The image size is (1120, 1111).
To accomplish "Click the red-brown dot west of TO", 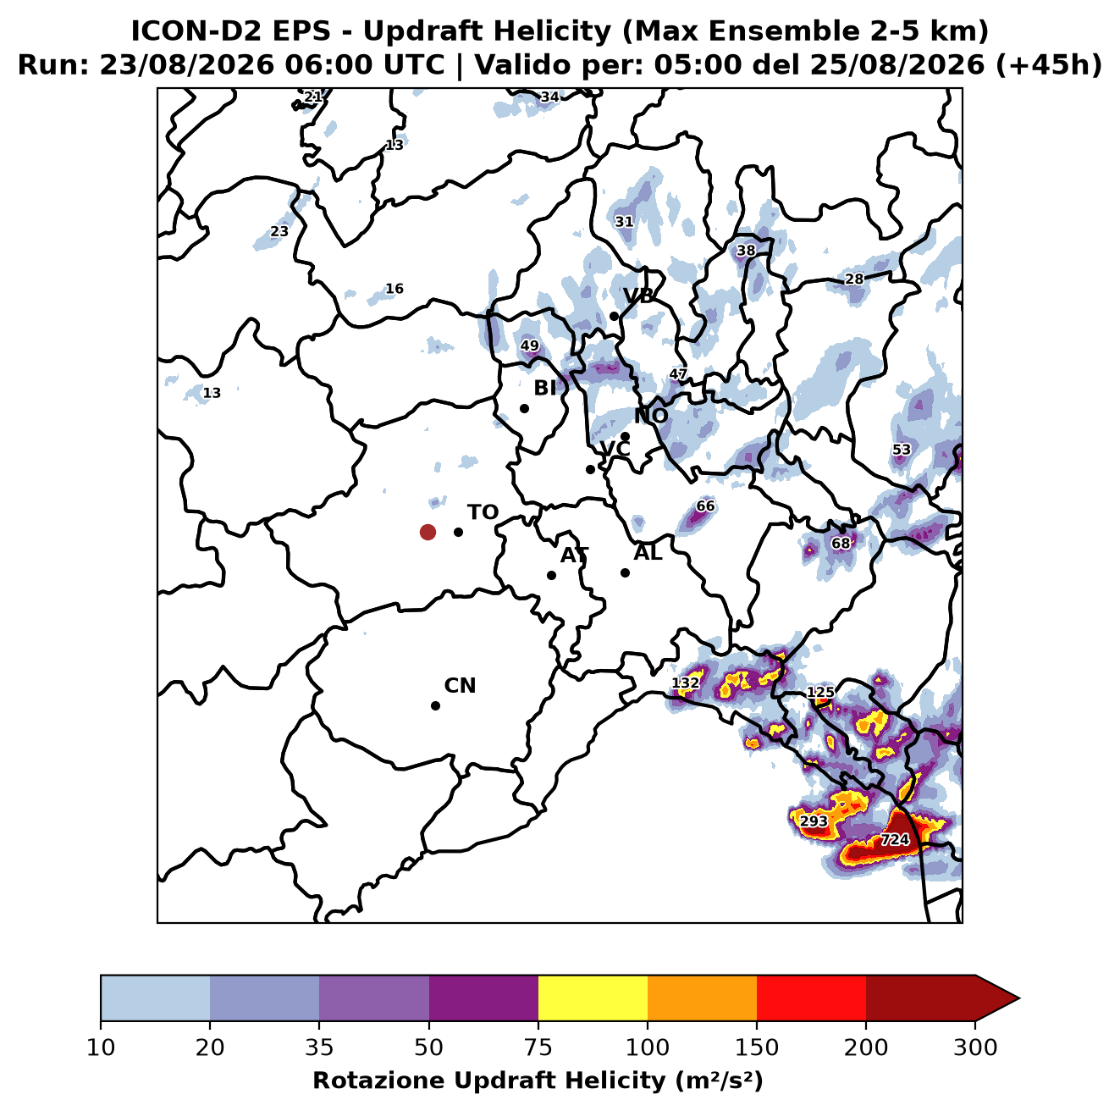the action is [x=428, y=532].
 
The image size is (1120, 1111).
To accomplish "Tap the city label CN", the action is [x=460, y=686].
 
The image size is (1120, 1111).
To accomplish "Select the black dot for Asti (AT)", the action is [x=551, y=575].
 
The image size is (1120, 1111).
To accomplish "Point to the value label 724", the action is [x=895, y=839].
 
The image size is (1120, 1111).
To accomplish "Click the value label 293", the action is [x=814, y=821].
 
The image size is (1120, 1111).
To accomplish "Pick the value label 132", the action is [x=685, y=683].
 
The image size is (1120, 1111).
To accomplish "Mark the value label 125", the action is [x=820, y=692].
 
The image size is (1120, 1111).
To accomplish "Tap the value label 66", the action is [x=705, y=506].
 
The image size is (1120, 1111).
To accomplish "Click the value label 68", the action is [x=841, y=543].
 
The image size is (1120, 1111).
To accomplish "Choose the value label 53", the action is [x=902, y=450].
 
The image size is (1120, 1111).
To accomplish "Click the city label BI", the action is [x=544, y=388].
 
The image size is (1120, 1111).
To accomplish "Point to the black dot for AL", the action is [x=625, y=572].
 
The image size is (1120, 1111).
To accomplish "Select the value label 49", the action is [x=529, y=345].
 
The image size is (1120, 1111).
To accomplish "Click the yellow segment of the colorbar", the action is [x=593, y=998].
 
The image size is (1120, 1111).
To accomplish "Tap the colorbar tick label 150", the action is [x=756, y=1047].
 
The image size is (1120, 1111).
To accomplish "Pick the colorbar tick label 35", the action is [x=319, y=1047].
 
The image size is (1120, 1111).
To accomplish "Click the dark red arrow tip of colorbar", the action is [x=1018, y=998].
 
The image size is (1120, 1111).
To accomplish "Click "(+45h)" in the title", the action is [x=1048, y=65].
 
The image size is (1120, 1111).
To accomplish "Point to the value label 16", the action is [x=394, y=289].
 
